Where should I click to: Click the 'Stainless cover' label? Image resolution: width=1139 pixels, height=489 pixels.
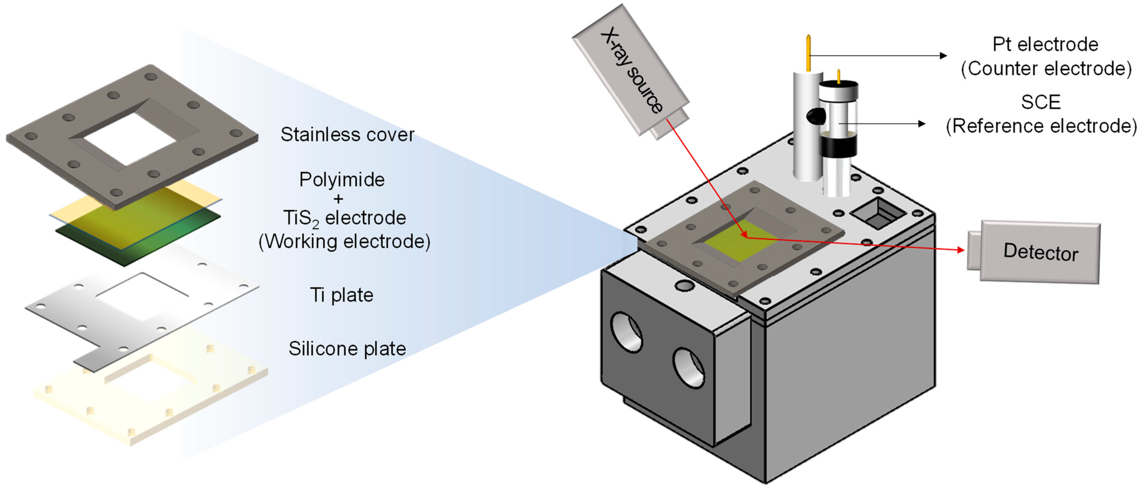347,134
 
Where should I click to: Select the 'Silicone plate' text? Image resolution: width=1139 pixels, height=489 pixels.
347,349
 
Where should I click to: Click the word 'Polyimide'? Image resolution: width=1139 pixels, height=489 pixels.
342,180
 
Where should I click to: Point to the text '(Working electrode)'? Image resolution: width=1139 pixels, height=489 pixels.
344,242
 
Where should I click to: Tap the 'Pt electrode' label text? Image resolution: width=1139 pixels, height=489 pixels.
1045,44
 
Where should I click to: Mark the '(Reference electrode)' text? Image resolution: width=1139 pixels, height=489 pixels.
1041,126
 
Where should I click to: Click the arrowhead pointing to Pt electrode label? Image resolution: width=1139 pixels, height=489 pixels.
943,56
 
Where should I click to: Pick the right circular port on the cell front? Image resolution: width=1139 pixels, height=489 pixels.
688,367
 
